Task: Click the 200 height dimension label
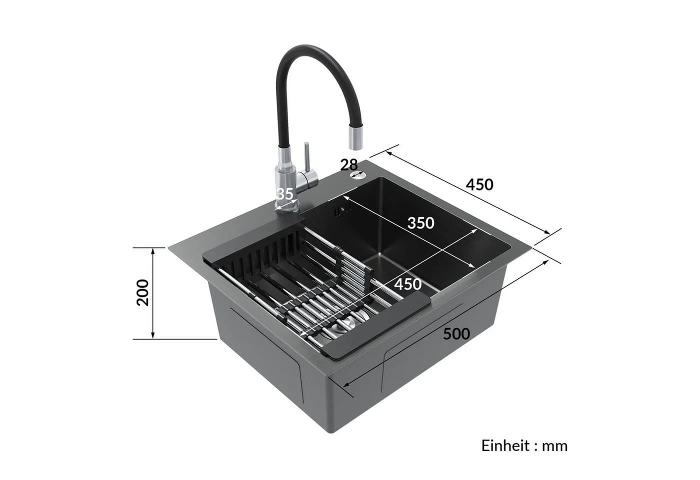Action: click(143, 292)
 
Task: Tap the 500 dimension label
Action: click(456, 334)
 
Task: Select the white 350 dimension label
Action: click(420, 223)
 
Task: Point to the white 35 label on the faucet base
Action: click(285, 194)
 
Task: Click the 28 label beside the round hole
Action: click(349, 165)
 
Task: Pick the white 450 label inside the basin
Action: click(407, 284)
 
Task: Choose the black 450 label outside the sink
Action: click(479, 184)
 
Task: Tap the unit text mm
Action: click(554, 446)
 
